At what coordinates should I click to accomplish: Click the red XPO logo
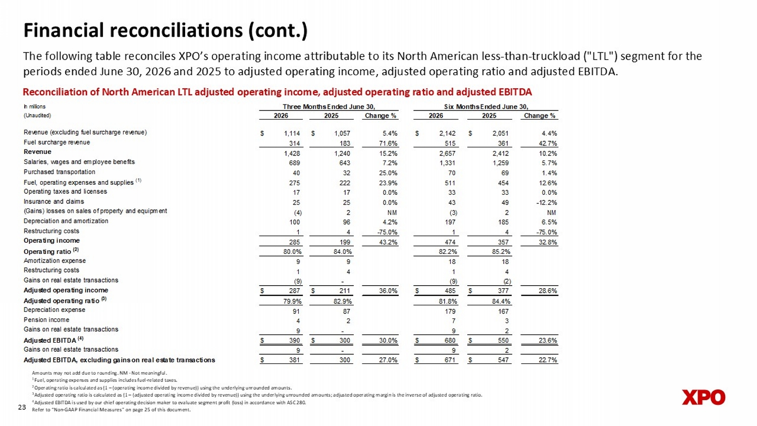pyautogui.click(x=704, y=397)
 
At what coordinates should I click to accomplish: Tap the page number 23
pyautogui.click(x=22, y=407)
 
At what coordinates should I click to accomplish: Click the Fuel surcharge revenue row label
pyautogui.click(x=57, y=142)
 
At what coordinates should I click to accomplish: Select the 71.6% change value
pyautogui.click(x=388, y=143)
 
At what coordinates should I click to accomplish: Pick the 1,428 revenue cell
pyautogui.click(x=292, y=153)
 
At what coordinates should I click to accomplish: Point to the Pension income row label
pyautogui.click(x=46, y=320)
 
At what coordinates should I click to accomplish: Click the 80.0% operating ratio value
pyautogui.click(x=292, y=251)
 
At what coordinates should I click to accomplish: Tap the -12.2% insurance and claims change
pyautogui.click(x=547, y=203)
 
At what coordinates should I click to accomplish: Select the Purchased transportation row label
pyautogui.click(x=60, y=172)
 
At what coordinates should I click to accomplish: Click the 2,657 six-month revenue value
pyautogui.click(x=448, y=153)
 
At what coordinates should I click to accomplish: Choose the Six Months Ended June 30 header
pyautogui.click(x=486, y=107)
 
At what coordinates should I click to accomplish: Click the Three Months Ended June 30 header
pyautogui.click(x=329, y=107)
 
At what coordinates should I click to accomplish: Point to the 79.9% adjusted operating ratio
pyautogui.click(x=292, y=301)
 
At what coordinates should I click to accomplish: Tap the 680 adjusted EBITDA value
pyautogui.click(x=450, y=341)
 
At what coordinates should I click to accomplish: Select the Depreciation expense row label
pyautogui.click(x=55, y=310)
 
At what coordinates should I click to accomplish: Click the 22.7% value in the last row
pyautogui.click(x=548, y=360)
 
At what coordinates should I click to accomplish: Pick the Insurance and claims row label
pyautogui.click(x=53, y=201)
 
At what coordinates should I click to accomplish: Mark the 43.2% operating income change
pyautogui.click(x=388, y=242)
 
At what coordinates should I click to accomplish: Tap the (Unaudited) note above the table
pyautogui.click(x=37, y=116)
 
